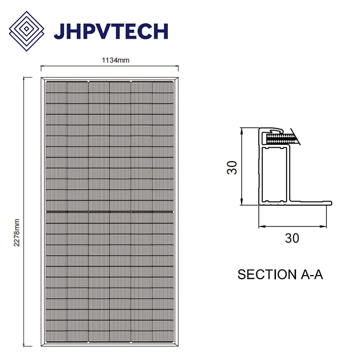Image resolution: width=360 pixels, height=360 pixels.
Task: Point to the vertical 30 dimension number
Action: (232, 167)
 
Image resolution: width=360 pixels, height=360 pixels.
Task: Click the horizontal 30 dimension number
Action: (292, 238)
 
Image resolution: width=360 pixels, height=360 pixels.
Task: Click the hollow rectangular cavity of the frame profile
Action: (274, 173)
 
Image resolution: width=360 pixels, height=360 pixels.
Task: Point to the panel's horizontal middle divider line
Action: (109, 211)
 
